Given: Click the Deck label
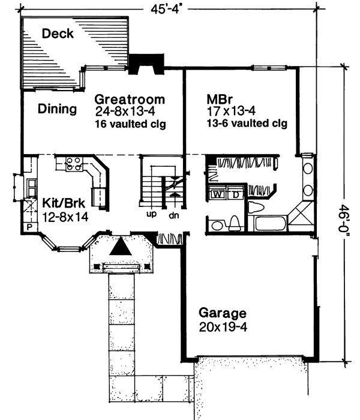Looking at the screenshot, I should click(58, 34).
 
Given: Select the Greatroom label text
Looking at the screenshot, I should click(130, 99).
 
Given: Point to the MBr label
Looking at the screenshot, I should click(220, 99).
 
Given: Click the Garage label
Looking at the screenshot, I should click(223, 313).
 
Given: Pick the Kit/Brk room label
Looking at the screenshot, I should click(65, 202).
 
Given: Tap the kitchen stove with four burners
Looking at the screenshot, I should click(73, 164).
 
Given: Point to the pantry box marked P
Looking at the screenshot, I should click(28, 228).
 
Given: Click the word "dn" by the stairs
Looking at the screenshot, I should click(174, 214).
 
